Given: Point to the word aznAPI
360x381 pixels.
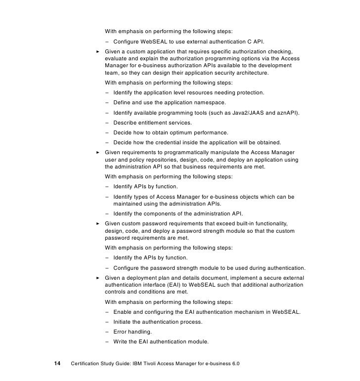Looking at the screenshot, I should coord(285,113).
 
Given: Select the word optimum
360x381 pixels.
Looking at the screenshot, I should coord(184,132).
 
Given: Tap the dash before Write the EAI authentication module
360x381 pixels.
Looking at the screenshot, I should coord(107,341).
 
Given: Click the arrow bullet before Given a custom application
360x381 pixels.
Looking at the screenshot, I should coord(97,50).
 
